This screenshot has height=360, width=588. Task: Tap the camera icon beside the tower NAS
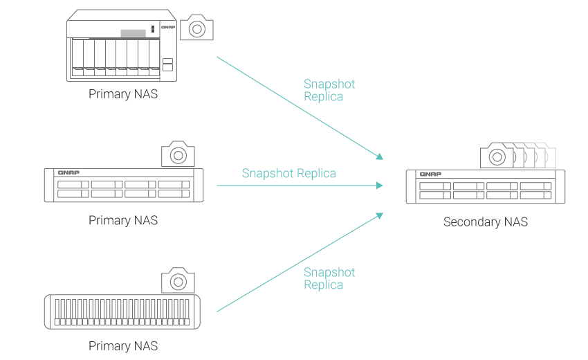[x=196, y=28]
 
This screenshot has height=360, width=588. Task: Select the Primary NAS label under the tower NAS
[x=123, y=94]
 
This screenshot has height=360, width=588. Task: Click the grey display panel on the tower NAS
[x=133, y=33]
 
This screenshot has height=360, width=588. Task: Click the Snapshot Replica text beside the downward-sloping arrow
[x=329, y=90]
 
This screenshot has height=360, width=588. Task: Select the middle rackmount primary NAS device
[x=124, y=186]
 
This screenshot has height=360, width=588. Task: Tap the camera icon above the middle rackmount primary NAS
[x=178, y=153]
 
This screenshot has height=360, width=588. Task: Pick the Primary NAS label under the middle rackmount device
[x=123, y=220]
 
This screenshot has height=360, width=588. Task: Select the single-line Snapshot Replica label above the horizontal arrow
[x=288, y=173]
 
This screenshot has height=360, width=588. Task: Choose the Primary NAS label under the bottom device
[x=123, y=345]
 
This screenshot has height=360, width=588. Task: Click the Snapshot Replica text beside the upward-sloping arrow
[x=329, y=278]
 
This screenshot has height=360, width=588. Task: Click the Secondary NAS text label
[x=486, y=222]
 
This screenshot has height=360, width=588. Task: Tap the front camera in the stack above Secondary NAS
[x=497, y=156]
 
